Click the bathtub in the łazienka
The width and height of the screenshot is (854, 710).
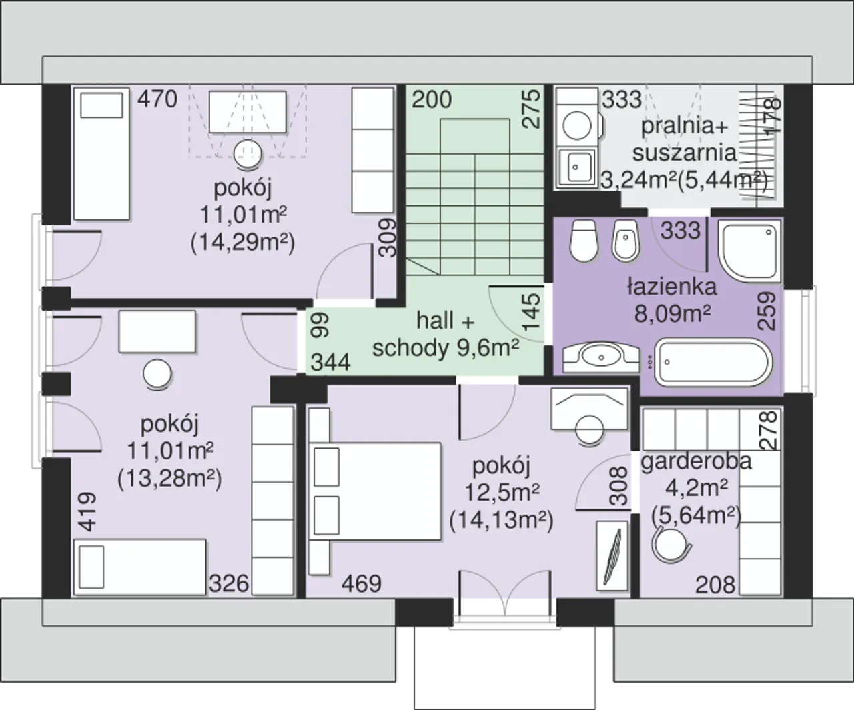[713, 362]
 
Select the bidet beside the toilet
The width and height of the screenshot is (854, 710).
[625, 241]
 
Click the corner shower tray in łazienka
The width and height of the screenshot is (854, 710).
[749, 251]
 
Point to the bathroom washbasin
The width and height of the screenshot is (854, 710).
[601, 358]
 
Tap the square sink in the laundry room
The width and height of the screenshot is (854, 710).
[576, 167]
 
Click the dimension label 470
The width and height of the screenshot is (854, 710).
[157, 99]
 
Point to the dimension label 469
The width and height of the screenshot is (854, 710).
[362, 584]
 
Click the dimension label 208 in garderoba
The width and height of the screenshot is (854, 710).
[715, 585]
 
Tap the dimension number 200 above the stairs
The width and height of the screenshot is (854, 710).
[432, 99]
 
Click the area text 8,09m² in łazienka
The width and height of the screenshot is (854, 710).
[673, 314]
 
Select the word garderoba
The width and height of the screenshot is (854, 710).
[696, 462]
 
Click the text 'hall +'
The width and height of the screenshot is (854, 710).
[446, 321]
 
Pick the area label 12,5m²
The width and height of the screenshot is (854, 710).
[502, 493]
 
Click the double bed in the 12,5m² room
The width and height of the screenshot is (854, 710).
[375, 491]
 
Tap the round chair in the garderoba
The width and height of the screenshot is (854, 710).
[671, 543]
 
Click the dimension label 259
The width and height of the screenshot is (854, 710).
[767, 311]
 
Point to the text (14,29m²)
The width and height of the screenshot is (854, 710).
[243, 243]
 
